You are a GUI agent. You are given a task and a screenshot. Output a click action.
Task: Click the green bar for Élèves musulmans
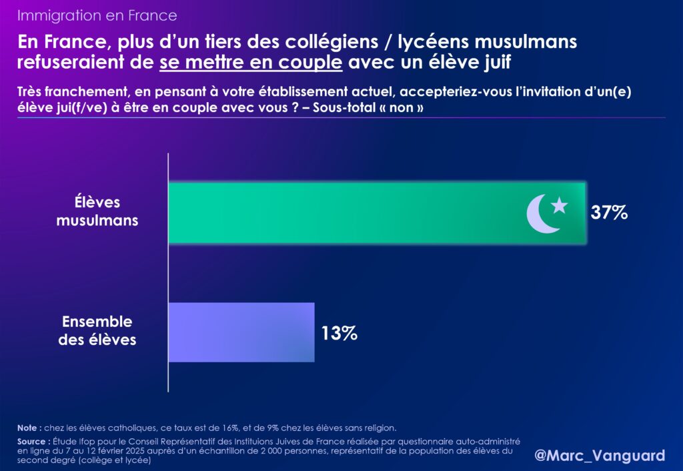click(347, 212)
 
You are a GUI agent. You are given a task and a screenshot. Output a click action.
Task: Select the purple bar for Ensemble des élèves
click(241, 332)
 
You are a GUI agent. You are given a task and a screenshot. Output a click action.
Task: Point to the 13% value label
click(339, 332)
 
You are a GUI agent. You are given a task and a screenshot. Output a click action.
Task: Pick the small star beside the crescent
click(560, 205)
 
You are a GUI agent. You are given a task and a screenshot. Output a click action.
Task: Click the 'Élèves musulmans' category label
click(97, 211)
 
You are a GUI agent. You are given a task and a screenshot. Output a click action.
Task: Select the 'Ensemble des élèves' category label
click(97, 330)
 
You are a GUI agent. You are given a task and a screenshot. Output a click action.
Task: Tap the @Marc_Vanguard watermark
click(600, 455)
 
